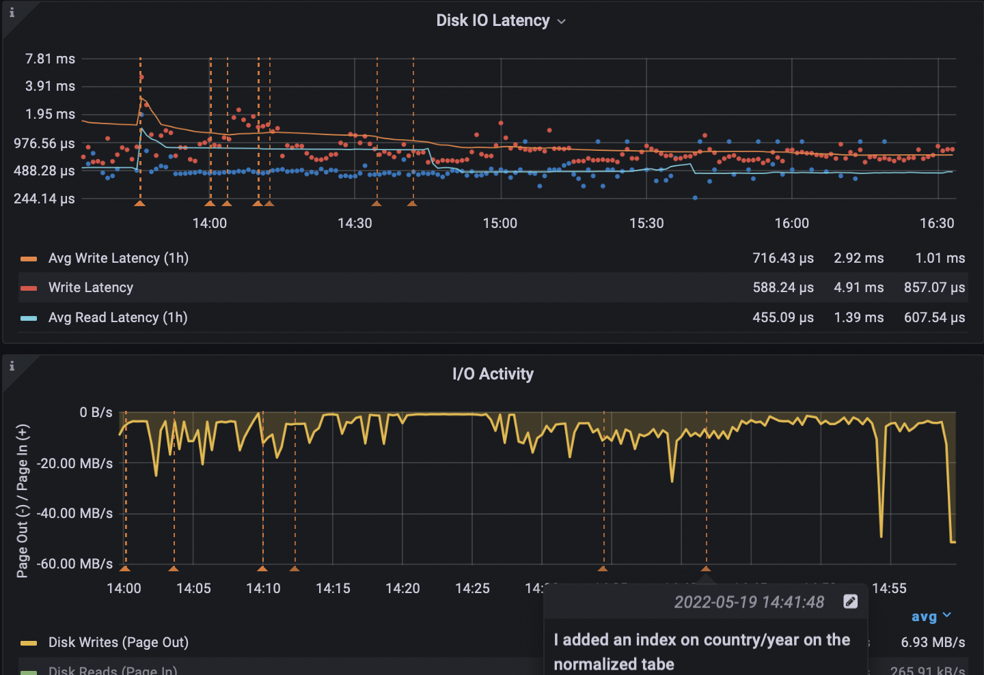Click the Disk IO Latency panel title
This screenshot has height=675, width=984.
click(493, 20)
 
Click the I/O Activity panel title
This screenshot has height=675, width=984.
click(493, 374)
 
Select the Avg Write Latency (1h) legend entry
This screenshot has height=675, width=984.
click(118, 258)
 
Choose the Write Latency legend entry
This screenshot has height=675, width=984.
click(91, 287)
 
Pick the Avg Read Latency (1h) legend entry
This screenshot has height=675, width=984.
click(118, 317)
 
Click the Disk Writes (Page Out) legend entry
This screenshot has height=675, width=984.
click(118, 642)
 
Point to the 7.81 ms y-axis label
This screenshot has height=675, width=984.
click(51, 59)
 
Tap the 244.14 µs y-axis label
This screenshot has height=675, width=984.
click(44, 199)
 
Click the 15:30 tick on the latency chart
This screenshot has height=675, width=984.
click(646, 223)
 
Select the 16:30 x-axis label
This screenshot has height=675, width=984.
click(937, 223)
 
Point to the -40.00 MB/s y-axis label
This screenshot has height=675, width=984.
click(75, 513)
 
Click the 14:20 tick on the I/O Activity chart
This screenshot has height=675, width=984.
click(402, 588)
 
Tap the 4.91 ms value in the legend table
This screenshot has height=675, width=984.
click(858, 287)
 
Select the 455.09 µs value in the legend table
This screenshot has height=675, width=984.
click(783, 317)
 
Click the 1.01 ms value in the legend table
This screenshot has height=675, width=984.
click(940, 258)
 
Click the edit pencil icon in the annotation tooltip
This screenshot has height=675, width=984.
click(850, 601)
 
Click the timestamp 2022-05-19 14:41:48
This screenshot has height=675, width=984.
click(749, 602)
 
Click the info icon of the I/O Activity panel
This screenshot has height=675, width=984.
click(12, 366)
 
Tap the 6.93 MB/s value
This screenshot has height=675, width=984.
click(933, 642)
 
